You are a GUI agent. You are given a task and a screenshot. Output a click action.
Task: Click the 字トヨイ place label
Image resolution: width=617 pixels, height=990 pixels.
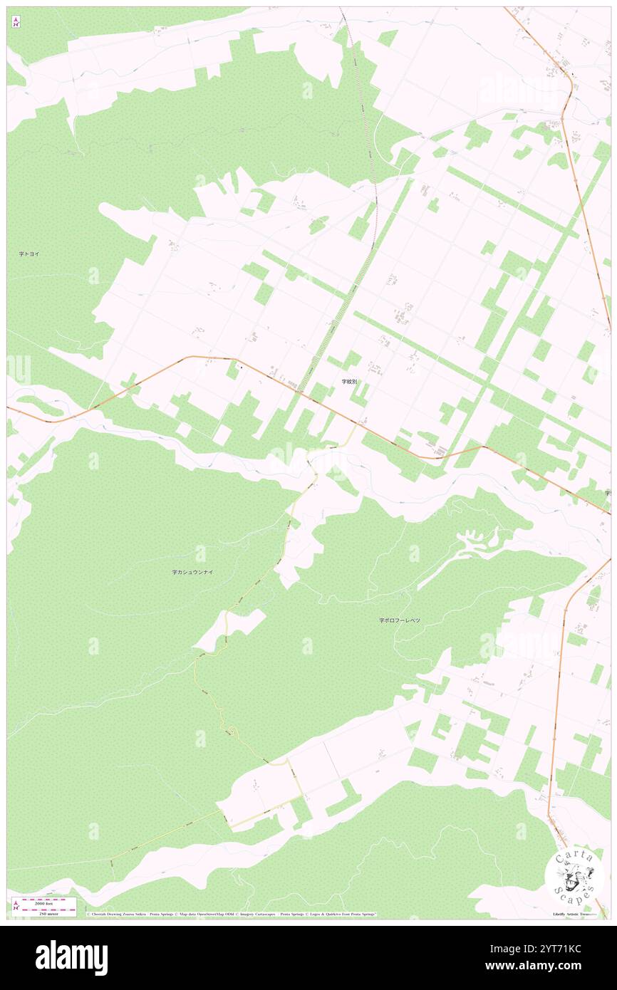(x=29, y=254)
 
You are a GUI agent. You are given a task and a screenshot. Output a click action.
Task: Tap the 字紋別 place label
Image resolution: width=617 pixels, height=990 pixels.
(x=349, y=382)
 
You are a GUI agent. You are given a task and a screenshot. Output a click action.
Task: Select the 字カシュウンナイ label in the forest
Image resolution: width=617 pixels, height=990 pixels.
(x=192, y=571)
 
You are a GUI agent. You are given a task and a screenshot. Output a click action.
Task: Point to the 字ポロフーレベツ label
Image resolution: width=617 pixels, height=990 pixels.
(x=399, y=620)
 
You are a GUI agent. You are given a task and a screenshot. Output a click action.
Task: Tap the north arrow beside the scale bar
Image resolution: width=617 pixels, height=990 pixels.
(x=16, y=906)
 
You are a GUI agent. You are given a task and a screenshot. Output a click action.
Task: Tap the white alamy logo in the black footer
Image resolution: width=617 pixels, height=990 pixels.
(x=71, y=957)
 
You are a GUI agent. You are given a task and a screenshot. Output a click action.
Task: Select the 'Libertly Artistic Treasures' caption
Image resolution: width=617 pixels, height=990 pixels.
(x=577, y=914)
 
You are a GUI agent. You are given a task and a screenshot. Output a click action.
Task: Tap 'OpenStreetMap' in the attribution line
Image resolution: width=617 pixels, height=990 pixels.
(x=192, y=915)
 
